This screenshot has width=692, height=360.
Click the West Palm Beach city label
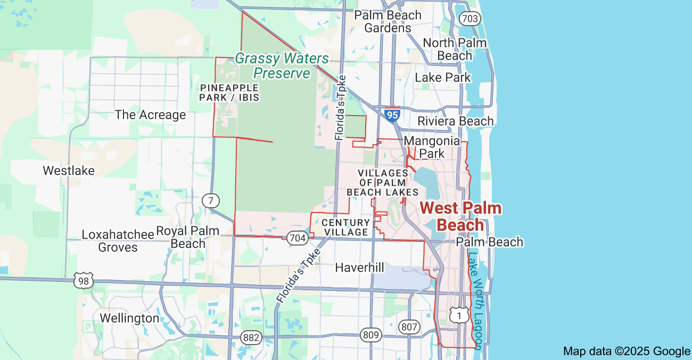tap(461, 216)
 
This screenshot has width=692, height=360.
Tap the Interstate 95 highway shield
tap(392, 114)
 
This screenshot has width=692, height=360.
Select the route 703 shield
tap(471, 19)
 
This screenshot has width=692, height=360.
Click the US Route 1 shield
tap(459, 315)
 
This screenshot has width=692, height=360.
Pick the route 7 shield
tap(211, 201)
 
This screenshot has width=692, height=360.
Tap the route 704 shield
tap(297, 238)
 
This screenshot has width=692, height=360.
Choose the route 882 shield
tap(251, 337)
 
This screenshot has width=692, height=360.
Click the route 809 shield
tap(371, 335)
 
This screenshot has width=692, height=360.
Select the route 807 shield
tap(409, 327)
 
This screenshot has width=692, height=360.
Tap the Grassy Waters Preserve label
tap(282, 66)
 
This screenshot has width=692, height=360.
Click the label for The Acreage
tap(150, 115)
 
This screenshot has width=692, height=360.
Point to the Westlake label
tap(69, 171)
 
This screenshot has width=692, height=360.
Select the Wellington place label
tap(129, 318)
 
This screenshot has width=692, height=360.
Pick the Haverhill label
tap(359, 267)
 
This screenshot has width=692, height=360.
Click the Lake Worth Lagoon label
tap(475, 300)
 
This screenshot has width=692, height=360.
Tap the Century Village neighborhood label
tap(346, 227)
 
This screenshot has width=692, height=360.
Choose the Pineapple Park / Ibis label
tap(229, 92)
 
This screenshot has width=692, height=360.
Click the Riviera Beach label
tap(455, 121)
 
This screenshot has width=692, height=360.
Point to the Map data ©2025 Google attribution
tap(627, 351)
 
